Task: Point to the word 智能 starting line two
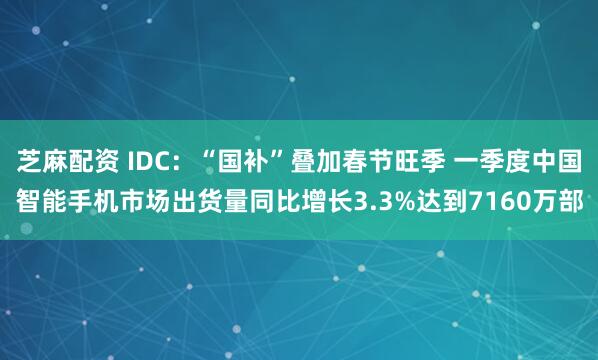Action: coord(36,203)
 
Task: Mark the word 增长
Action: coord(347,203)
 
